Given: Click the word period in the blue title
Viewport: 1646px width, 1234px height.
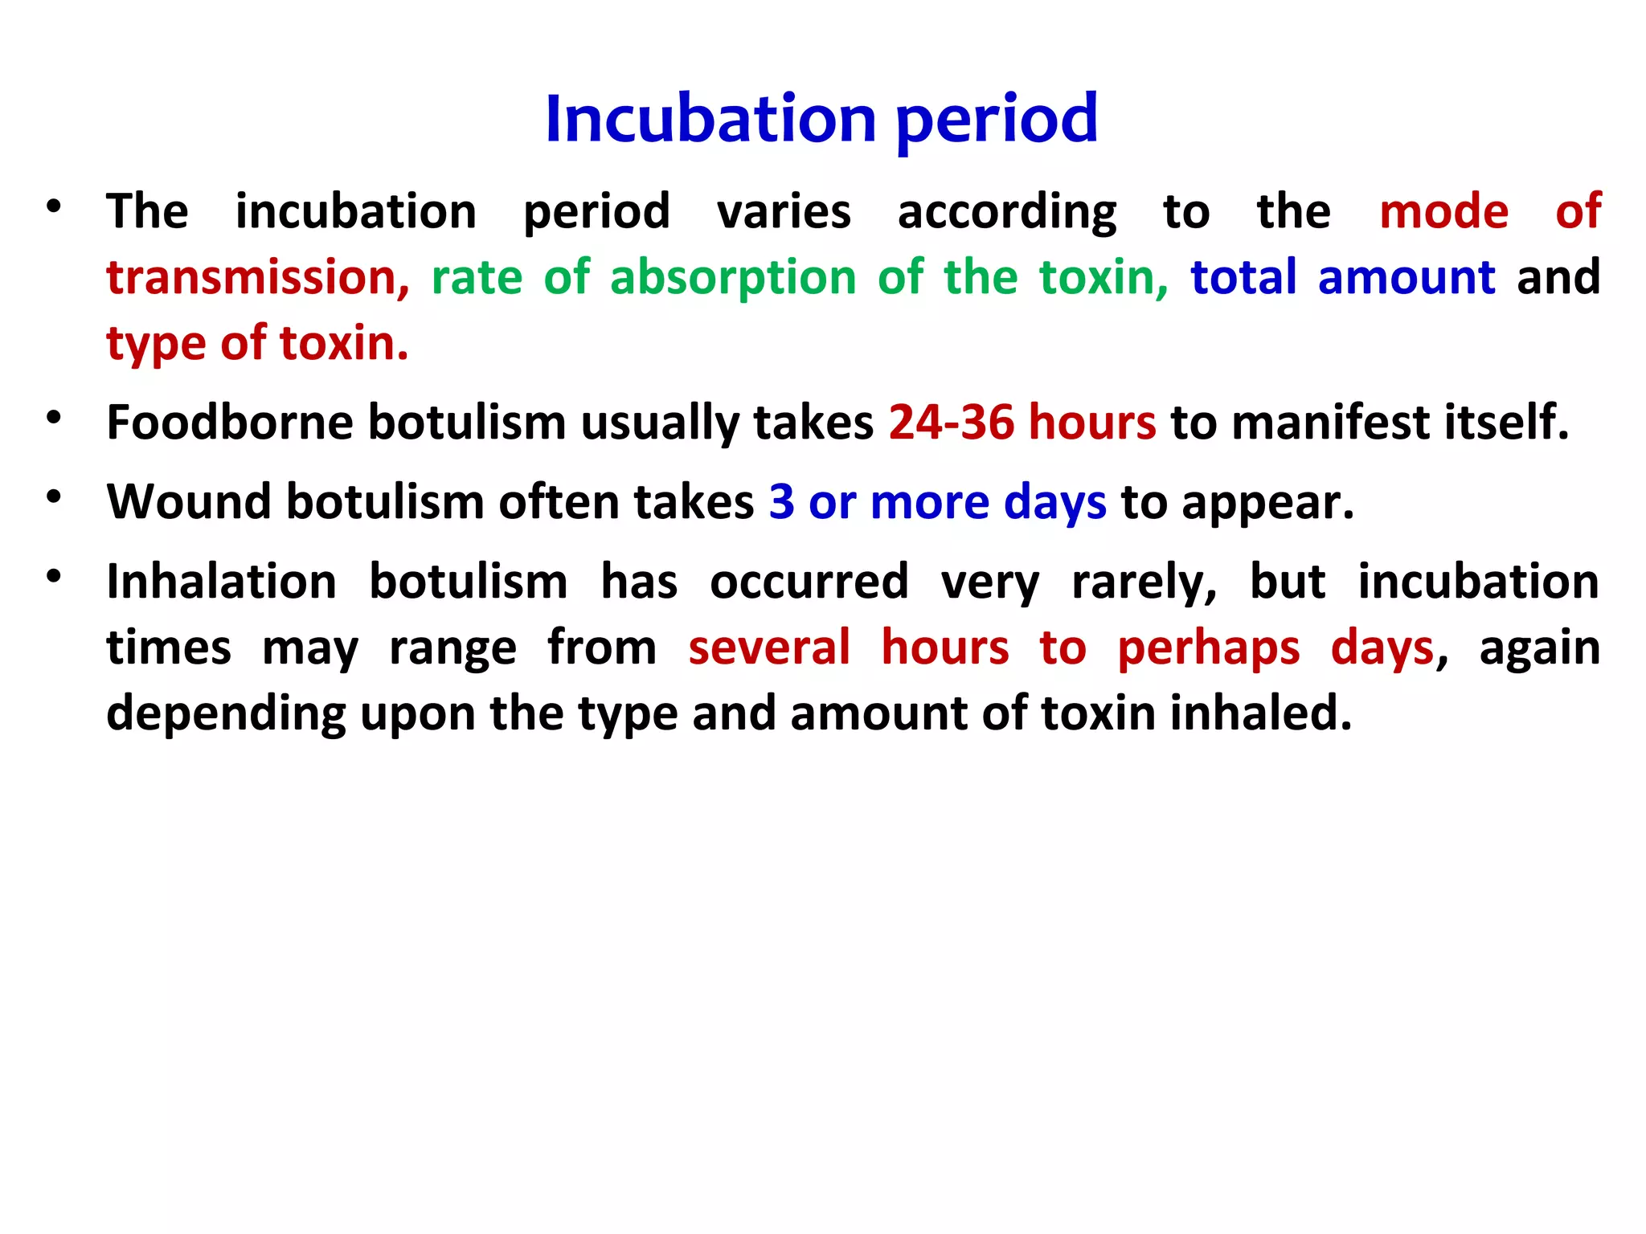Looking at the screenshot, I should (997, 121).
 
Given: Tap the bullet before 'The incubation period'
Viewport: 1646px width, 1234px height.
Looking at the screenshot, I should (54, 207).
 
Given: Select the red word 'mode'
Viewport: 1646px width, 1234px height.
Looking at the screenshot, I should (1443, 212).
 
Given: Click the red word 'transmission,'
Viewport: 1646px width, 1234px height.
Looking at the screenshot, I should (258, 278).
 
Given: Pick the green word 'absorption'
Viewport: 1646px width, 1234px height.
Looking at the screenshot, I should (733, 278).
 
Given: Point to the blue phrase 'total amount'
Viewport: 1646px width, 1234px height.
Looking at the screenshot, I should (1342, 278).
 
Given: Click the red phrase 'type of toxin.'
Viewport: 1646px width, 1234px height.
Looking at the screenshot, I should (257, 344).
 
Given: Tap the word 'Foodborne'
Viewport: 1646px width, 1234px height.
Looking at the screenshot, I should (230, 423).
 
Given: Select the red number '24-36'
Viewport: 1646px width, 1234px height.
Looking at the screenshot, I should (952, 423).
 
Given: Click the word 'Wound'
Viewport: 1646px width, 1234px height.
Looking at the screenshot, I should (190, 502).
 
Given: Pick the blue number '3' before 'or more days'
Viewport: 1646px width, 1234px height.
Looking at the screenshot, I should (781, 502).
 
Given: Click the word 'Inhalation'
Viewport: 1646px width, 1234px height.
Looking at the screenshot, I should (222, 582).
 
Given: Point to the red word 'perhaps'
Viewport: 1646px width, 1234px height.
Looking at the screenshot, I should (1208, 649).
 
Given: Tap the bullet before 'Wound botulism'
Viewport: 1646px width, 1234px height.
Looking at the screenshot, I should (54, 497).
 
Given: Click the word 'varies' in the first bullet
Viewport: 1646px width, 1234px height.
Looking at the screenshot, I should (784, 212).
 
